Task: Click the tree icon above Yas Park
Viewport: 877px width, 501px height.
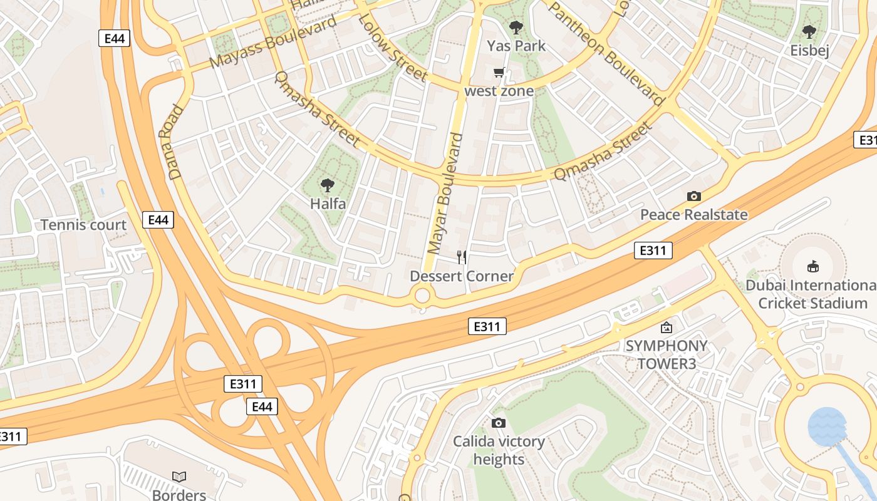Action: click(x=516, y=27)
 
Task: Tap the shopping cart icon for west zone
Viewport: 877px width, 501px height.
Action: click(x=499, y=73)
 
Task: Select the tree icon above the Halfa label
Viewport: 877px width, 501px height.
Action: click(x=327, y=185)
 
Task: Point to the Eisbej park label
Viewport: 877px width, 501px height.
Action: click(x=809, y=50)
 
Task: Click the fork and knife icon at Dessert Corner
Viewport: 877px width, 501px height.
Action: click(x=462, y=257)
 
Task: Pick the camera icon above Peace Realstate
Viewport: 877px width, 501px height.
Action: click(x=693, y=196)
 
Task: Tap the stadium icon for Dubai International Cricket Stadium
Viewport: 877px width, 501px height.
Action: click(x=812, y=267)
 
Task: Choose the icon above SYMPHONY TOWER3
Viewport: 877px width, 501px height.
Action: click(x=667, y=327)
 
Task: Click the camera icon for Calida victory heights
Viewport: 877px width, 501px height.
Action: click(x=499, y=423)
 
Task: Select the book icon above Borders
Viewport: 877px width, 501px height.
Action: click(x=179, y=477)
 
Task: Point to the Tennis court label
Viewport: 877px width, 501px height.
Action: click(x=83, y=225)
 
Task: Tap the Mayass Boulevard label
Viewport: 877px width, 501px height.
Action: click(x=273, y=41)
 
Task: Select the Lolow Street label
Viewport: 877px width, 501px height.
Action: click(x=393, y=46)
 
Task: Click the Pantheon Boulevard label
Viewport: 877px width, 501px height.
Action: click(x=606, y=53)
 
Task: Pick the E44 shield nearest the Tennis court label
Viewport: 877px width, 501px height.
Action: click(x=158, y=220)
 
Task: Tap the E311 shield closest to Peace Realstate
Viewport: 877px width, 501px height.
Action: click(x=653, y=251)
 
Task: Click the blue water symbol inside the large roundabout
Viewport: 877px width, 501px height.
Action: click(x=827, y=426)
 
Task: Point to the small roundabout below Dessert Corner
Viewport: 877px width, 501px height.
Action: click(x=423, y=296)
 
